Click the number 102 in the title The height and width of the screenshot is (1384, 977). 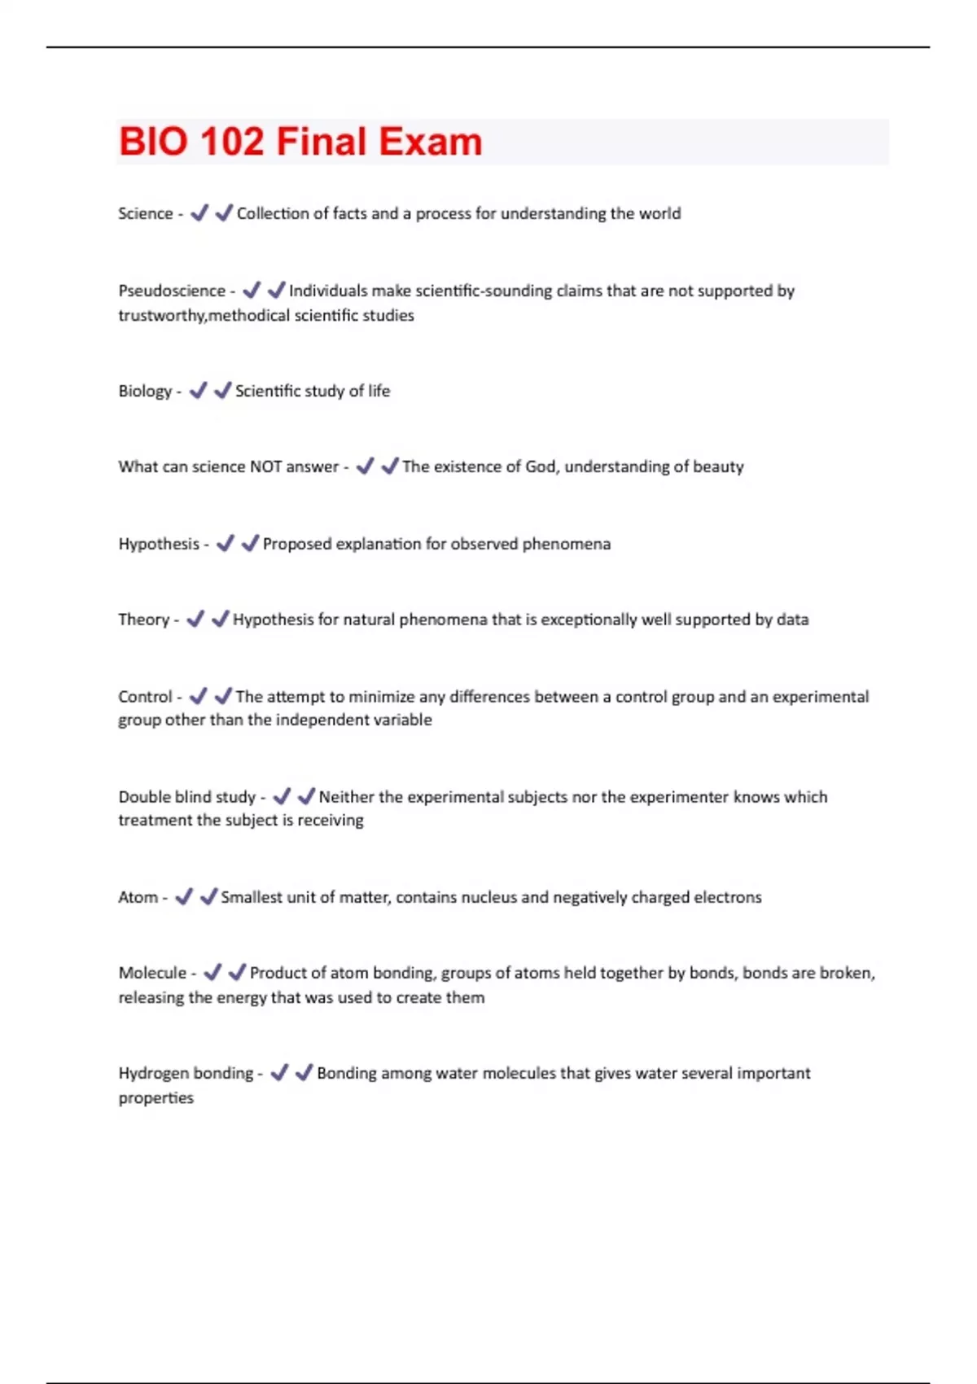tap(231, 142)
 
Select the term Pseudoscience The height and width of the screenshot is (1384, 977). tap(172, 291)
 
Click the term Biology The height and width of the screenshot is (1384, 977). tap(145, 391)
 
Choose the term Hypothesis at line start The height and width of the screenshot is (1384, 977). tap(159, 544)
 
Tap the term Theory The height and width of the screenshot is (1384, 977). tap(143, 620)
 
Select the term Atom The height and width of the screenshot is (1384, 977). tap(138, 897)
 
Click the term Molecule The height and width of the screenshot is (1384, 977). tap(152, 973)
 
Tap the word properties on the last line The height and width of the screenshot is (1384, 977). tap(156, 1098)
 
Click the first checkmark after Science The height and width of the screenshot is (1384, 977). tap(199, 213)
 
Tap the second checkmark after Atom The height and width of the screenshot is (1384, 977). tap(208, 896)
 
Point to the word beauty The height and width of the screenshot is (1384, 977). tap(718, 466)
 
